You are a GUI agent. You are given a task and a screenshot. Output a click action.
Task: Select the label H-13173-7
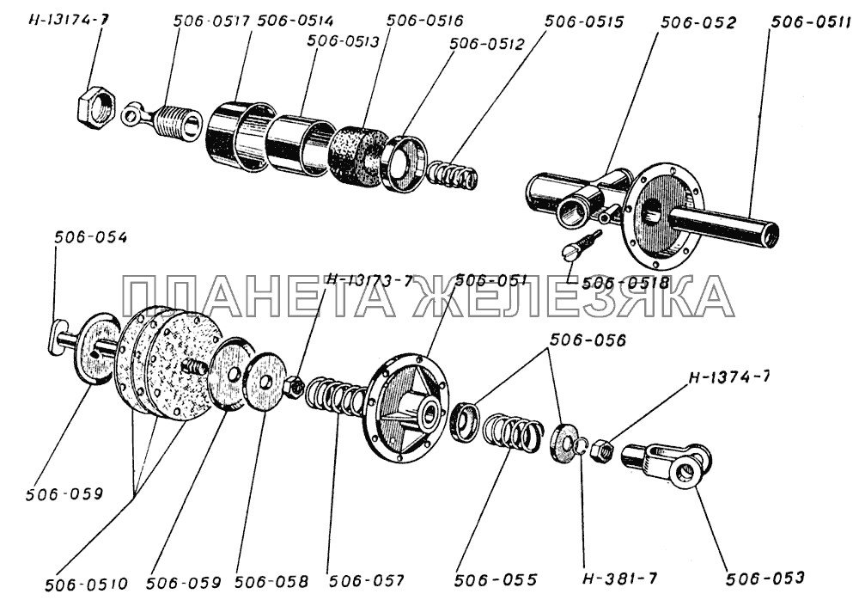point(369,280)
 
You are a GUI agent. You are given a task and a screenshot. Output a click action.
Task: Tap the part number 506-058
point(271,579)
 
